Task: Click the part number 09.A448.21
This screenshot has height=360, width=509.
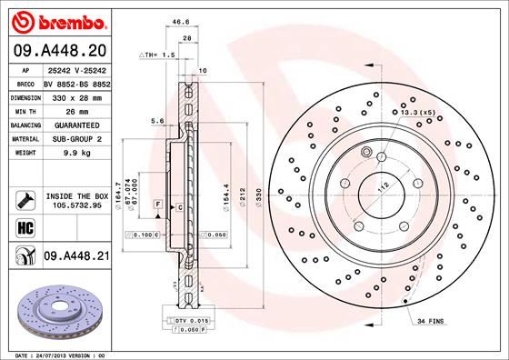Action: point(75,257)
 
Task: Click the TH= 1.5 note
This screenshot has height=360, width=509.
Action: point(159,55)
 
